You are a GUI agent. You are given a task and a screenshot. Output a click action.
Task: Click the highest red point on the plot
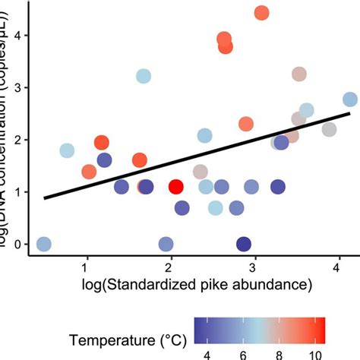point(261,13)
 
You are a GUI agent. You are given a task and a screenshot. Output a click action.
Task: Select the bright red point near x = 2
point(175,187)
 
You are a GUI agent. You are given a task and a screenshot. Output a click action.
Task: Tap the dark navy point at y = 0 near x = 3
point(243,244)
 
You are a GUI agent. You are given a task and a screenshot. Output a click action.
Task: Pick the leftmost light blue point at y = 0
point(44,244)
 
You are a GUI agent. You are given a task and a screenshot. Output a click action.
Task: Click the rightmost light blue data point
point(349,99)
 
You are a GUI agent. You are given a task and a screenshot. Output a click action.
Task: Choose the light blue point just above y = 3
point(144,76)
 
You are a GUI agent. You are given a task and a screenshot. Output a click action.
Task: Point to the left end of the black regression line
point(45,198)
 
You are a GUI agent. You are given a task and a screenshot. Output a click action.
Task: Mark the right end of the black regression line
point(349,114)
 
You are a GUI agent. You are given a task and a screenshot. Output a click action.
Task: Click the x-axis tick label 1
point(86,269)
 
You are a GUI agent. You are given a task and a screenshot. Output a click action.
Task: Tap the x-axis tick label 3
point(253,269)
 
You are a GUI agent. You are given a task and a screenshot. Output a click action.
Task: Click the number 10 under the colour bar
point(316,353)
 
